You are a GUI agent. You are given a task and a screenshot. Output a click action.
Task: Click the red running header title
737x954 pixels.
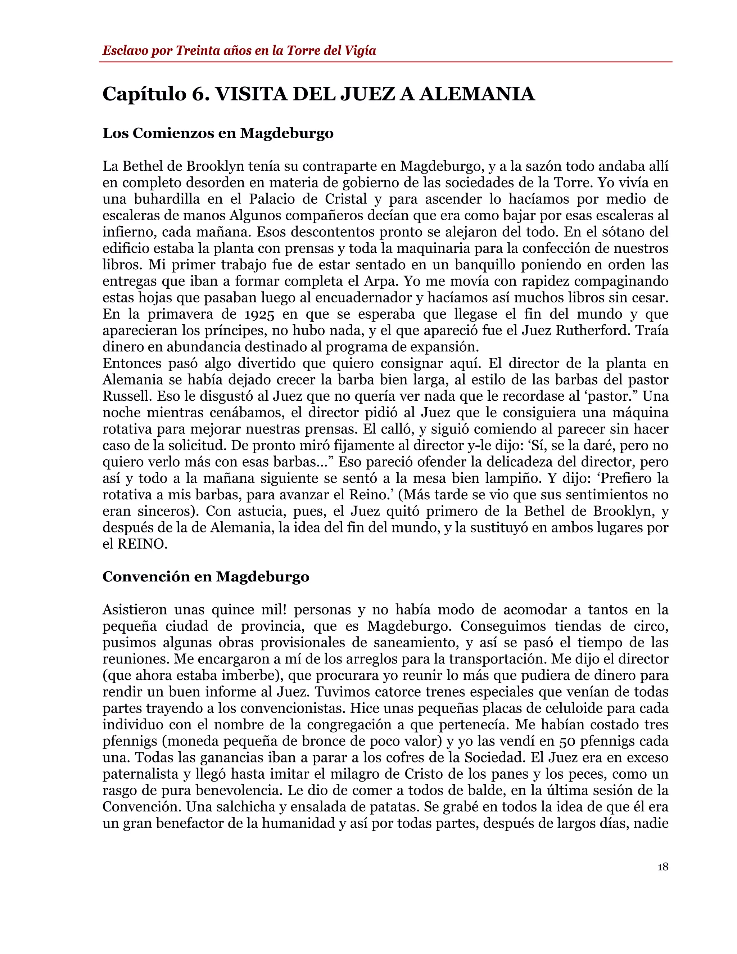pyautogui.click(x=239, y=51)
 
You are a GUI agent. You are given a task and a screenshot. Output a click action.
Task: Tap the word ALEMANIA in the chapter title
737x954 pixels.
pyautogui.click(x=477, y=94)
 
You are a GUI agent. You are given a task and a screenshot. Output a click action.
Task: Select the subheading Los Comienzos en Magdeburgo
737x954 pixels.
pyautogui.click(x=218, y=133)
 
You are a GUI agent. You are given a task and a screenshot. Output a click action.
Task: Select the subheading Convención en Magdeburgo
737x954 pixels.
pyautogui.click(x=205, y=577)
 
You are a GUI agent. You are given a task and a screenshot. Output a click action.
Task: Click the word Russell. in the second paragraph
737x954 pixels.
pyautogui.click(x=127, y=397)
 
